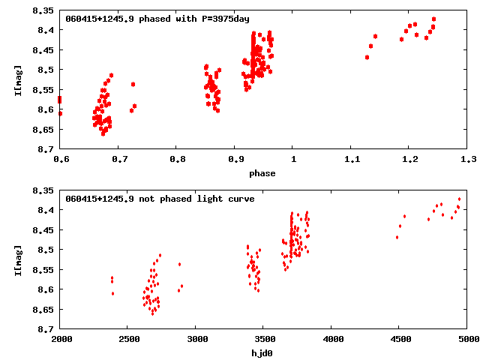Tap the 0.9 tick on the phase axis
pos(235,159)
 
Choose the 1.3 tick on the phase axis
pos(469,159)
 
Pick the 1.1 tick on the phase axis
pos(352,159)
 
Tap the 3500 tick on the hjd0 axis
pos(265,339)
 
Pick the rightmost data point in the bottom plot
pos(459,199)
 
